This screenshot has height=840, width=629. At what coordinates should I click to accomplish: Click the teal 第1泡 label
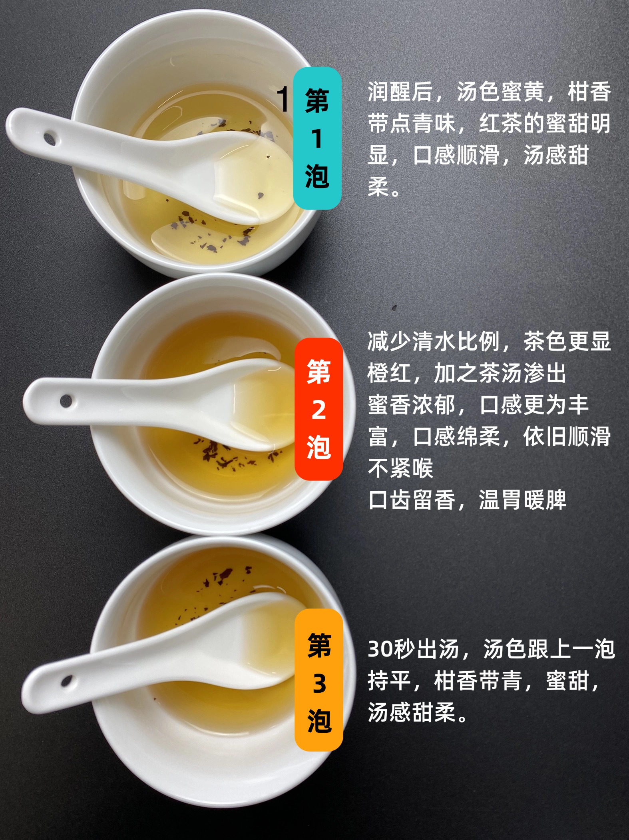pos(317,138)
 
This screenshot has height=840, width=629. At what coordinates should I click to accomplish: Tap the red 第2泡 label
pos(318,409)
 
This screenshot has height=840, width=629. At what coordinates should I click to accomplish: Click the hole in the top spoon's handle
pos(50,139)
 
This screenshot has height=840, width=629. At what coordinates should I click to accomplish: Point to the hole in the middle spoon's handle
pos(66,400)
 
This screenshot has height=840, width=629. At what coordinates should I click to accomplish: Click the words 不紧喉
pos(400,468)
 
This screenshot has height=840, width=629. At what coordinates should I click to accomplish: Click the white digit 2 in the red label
pos(318,410)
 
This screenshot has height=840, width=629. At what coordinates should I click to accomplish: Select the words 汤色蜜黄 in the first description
pos(500,92)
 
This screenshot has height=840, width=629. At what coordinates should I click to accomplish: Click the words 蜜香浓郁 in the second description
pos(412,405)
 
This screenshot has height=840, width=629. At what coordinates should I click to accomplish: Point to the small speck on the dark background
pos(394,307)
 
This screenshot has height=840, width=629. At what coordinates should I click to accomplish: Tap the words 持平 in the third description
pos(390,681)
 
